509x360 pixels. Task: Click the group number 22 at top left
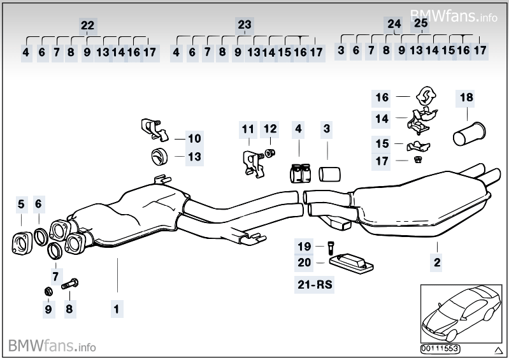[x=87, y=25]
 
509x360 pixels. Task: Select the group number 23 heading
[x=245, y=25]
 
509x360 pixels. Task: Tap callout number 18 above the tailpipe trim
[x=466, y=97]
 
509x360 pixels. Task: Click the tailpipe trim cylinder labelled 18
[x=469, y=133]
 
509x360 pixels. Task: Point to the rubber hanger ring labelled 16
[x=426, y=96]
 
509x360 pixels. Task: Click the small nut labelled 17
[x=418, y=159]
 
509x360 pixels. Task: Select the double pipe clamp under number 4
[x=300, y=173]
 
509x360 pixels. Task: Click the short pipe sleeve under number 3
[x=329, y=174]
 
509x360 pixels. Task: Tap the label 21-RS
[x=315, y=285]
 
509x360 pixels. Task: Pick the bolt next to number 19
[x=331, y=248]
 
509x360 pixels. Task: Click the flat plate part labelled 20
[x=351, y=264]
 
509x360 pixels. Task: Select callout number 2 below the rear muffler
[x=437, y=262]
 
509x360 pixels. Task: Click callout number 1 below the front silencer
[x=116, y=309]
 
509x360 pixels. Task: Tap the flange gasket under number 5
[x=22, y=243]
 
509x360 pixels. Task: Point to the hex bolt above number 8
[x=69, y=284]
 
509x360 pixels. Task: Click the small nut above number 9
[x=48, y=291]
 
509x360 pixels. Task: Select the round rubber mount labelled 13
[x=160, y=157]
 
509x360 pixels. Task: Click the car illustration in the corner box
[x=461, y=313]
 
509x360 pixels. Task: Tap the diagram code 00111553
[x=440, y=349]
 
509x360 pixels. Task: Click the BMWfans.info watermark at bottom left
[x=52, y=346]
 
